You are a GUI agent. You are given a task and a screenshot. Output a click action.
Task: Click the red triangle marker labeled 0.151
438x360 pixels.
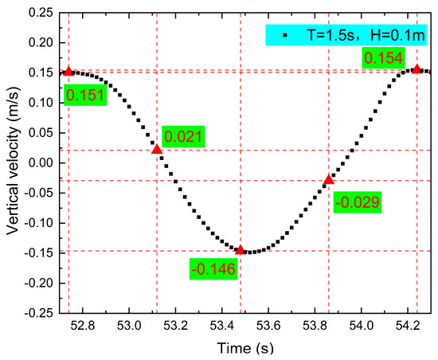(68, 72)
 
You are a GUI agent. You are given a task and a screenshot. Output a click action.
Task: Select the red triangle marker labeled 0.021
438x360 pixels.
(157, 149)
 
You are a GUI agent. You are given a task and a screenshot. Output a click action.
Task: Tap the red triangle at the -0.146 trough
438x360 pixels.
(241, 250)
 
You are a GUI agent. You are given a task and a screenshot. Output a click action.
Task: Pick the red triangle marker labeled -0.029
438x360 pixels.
(328, 180)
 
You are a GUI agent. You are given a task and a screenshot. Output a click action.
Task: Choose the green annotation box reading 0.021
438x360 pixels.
(184, 136)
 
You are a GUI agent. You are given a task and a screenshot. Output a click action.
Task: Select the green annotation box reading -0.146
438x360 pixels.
(213, 269)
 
